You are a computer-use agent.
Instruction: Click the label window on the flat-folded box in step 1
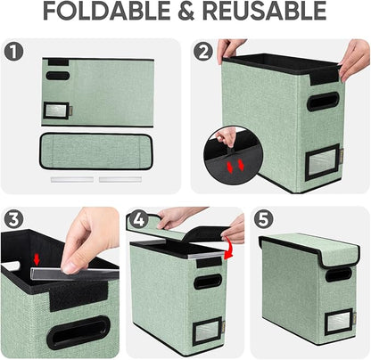[x=55, y=110]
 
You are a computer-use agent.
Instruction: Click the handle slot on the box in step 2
[x=323, y=102]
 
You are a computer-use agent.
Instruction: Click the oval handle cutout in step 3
[x=78, y=334]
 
